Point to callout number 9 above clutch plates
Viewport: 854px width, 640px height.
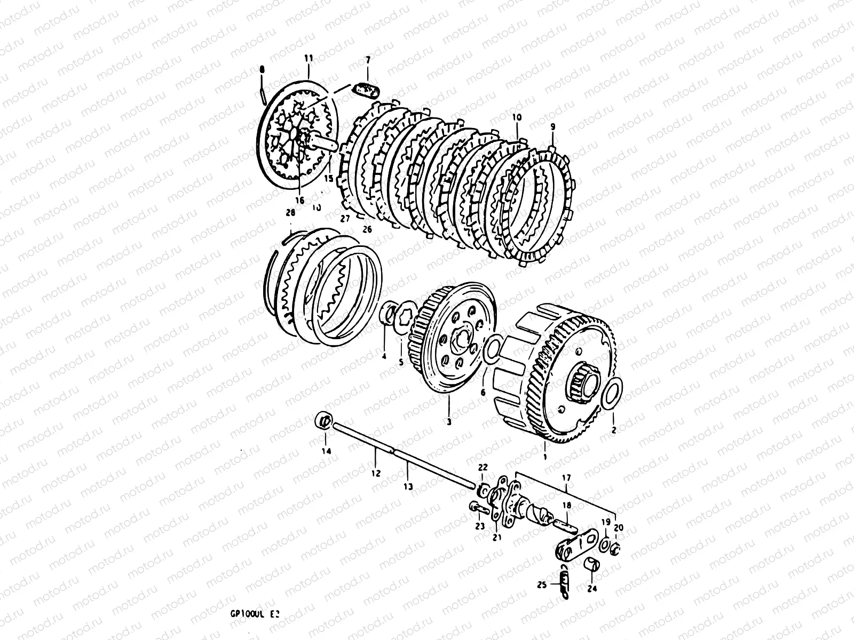[x=552, y=126]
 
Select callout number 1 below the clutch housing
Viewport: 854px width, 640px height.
[x=545, y=457]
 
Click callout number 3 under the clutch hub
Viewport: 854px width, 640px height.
[x=448, y=421]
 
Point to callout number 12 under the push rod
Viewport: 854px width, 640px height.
[x=376, y=473]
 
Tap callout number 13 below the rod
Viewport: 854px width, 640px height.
[x=408, y=486]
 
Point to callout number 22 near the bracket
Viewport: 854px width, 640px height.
[x=483, y=468]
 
